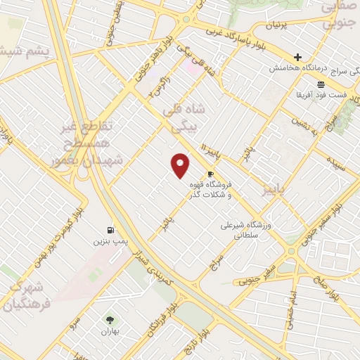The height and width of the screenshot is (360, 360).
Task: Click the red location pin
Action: pyautogui.click(x=181, y=165)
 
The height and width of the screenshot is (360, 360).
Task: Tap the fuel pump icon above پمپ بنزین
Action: pyautogui.click(x=110, y=229)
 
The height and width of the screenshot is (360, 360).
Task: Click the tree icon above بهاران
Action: pyautogui.click(x=108, y=320)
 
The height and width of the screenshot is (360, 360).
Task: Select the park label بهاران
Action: pyautogui.click(x=108, y=331)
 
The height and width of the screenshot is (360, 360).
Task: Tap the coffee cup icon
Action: pyautogui.click(x=210, y=174)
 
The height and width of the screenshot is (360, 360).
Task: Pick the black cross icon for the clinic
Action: pyautogui.click(x=297, y=57)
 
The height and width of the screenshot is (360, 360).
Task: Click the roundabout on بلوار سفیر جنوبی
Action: pyautogui.click(x=291, y=251)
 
